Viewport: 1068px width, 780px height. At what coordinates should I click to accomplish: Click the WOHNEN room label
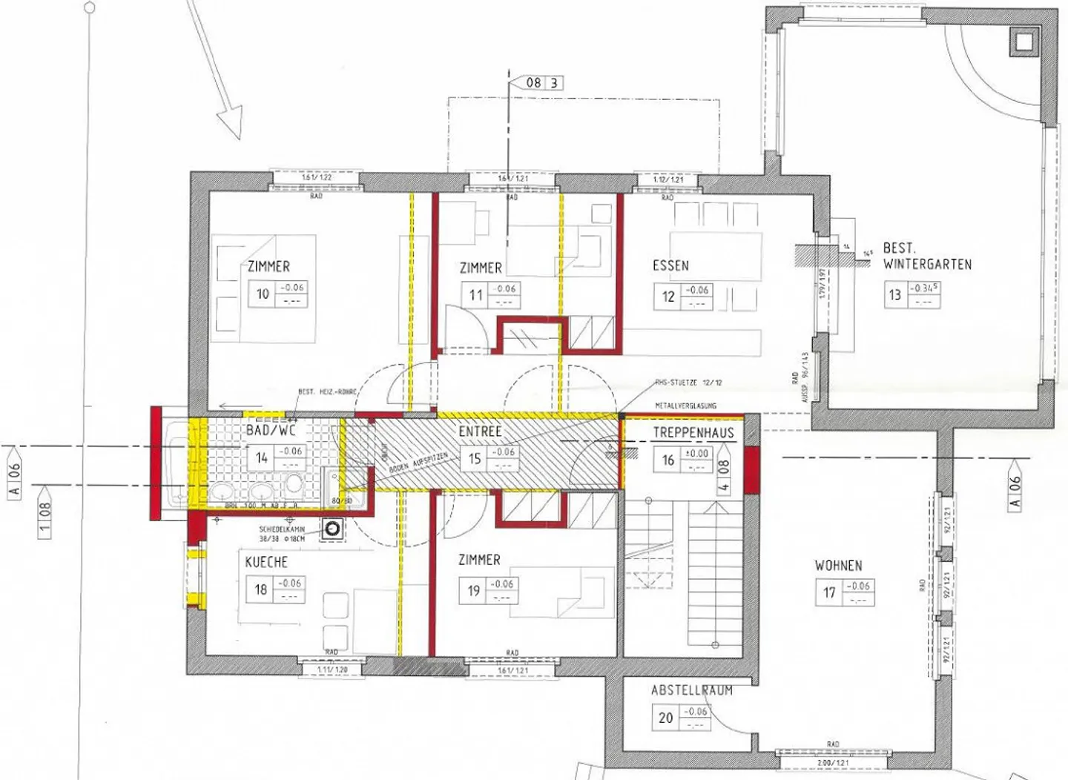838,566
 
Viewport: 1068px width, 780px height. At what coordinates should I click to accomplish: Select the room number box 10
263,294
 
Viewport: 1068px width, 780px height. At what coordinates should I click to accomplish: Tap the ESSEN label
670,265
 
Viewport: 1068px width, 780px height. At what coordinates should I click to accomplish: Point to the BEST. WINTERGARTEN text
926,257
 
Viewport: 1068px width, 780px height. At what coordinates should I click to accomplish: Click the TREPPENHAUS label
693,433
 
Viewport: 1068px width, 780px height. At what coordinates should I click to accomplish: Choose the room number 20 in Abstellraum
666,718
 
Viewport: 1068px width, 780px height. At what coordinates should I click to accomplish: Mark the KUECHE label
266,562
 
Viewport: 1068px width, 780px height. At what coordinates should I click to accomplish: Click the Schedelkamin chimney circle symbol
333,529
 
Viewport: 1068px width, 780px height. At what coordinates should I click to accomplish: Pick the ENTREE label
480,432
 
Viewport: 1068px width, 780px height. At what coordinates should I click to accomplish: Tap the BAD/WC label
271,430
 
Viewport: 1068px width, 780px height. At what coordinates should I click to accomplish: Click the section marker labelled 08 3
544,83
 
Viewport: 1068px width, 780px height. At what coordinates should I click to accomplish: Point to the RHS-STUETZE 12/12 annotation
688,383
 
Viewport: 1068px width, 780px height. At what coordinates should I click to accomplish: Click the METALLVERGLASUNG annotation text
685,406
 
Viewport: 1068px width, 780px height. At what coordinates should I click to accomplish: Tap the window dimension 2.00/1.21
832,762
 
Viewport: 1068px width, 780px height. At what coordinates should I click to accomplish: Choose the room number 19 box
474,591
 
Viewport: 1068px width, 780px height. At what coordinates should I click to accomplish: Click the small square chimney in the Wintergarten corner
1024,42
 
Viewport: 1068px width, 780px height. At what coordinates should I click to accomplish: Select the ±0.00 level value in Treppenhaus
697,454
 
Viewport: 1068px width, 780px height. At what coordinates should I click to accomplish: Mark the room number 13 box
895,295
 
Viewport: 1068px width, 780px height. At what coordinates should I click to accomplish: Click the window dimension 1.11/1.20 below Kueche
332,670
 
